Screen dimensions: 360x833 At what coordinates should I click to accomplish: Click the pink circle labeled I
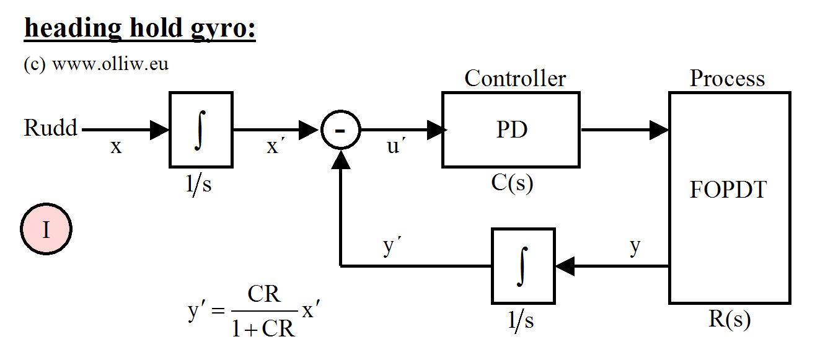(x=46, y=230)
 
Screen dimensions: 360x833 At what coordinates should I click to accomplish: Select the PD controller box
(x=511, y=130)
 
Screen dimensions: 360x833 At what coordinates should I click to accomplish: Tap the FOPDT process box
(x=729, y=197)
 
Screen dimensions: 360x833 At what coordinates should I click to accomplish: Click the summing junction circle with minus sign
(x=340, y=130)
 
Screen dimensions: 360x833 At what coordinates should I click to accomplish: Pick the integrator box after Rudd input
(x=201, y=130)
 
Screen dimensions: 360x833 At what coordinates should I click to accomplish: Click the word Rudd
(x=51, y=128)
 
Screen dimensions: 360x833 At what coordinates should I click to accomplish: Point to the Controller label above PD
(x=515, y=79)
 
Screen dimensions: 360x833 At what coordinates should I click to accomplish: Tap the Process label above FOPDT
(x=728, y=79)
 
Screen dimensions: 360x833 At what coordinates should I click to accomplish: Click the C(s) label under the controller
(x=510, y=184)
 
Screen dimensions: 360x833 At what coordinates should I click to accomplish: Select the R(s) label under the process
(x=729, y=319)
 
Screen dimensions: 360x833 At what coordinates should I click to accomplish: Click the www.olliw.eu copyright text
(x=96, y=64)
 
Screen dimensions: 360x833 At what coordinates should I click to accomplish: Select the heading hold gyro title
(x=139, y=29)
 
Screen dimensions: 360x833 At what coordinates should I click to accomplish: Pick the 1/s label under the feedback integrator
(x=522, y=320)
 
